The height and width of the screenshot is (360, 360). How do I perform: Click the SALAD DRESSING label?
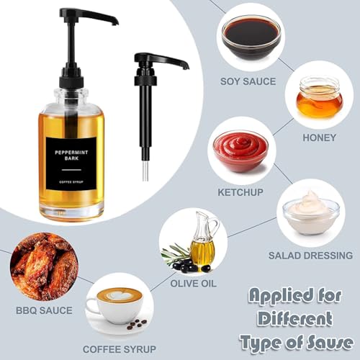tap(310, 256)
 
